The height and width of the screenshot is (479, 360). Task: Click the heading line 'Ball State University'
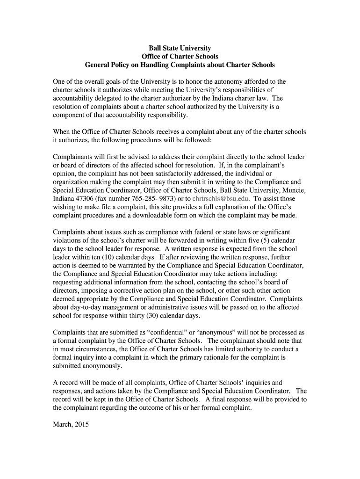point(180,48)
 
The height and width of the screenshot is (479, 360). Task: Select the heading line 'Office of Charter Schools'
point(180,57)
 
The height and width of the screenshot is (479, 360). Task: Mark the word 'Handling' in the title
point(152,65)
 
